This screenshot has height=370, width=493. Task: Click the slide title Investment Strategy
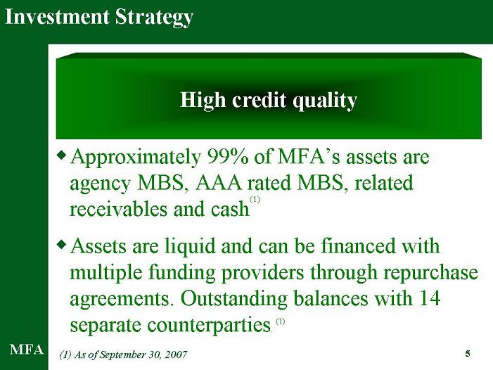(x=99, y=18)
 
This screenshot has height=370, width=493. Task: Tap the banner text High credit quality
(x=269, y=101)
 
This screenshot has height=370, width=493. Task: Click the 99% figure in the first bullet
(x=228, y=157)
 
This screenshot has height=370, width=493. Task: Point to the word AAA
(x=218, y=184)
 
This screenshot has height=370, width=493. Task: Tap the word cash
(x=230, y=209)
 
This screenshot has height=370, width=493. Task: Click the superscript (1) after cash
(x=255, y=200)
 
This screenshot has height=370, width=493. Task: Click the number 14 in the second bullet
(x=430, y=298)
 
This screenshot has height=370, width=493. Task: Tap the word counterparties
(x=209, y=326)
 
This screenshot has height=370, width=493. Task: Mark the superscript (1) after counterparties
(x=281, y=321)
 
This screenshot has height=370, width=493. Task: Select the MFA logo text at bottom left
(x=27, y=350)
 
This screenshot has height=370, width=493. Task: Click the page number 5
(x=468, y=354)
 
